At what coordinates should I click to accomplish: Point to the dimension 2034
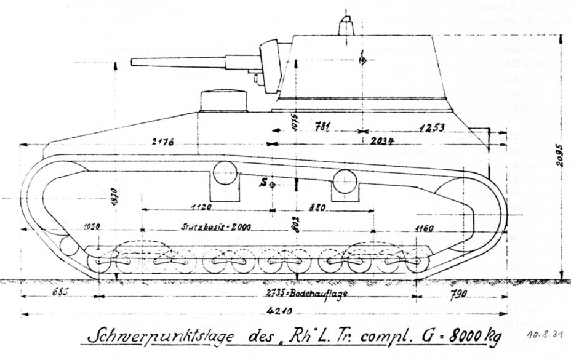pyautogui.click(x=383, y=141)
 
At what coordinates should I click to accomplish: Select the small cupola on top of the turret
pyautogui.click(x=346, y=25)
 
